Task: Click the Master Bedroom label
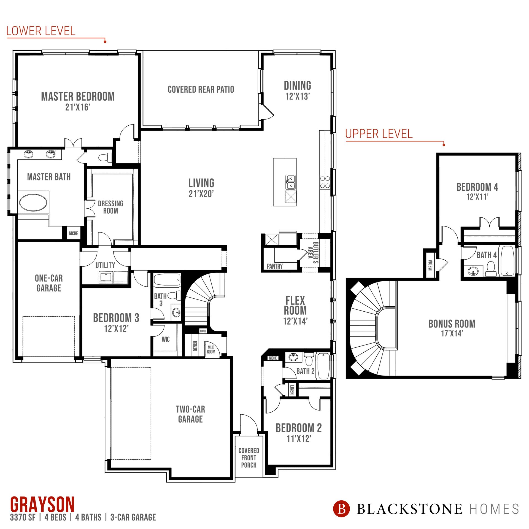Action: [x=78, y=96]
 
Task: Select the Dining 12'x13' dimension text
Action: [x=298, y=96]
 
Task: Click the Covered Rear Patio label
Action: [x=201, y=89]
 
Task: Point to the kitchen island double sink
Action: [x=290, y=182]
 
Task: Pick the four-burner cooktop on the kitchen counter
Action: [x=325, y=182]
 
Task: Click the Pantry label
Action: [x=275, y=266]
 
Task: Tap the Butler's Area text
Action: [x=313, y=252]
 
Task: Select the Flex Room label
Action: [x=295, y=305]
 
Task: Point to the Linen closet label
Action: [x=292, y=390]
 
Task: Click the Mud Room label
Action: [x=211, y=349]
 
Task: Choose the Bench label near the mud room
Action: [x=195, y=346]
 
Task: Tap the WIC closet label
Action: [x=166, y=339]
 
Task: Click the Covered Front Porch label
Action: [x=249, y=458]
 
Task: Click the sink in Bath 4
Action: [x=473, y=271]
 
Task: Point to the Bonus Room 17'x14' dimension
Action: [x=452, y=333]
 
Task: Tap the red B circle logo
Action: [x=341, y=509]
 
